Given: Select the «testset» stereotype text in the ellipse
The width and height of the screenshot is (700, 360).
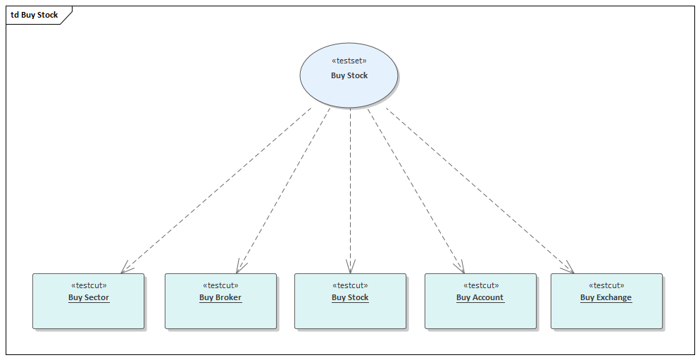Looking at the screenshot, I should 349,61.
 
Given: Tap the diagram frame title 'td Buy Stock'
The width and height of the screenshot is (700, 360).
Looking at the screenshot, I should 35,15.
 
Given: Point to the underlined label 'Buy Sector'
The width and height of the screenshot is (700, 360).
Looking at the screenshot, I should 89,297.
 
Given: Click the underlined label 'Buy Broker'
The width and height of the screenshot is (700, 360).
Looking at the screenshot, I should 220,297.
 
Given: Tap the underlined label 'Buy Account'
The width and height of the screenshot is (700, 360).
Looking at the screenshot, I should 480,297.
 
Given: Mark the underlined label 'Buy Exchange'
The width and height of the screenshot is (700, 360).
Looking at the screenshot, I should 606,297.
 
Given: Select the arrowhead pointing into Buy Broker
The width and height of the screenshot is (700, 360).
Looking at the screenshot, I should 240,267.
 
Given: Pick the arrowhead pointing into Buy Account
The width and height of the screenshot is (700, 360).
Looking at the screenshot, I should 461,267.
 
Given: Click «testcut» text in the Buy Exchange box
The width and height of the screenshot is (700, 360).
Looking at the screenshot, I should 606,285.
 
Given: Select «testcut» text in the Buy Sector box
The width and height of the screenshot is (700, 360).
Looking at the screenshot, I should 89,285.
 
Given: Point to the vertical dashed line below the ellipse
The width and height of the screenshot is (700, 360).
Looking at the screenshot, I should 350,183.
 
